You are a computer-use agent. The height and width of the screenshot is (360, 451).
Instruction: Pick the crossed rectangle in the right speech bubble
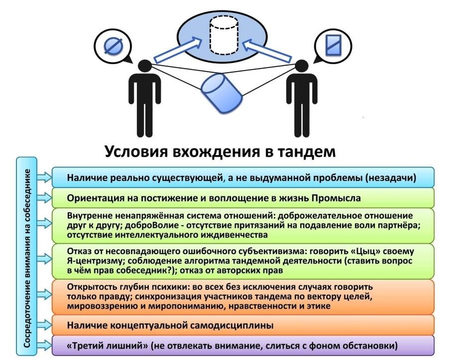click(333, 45)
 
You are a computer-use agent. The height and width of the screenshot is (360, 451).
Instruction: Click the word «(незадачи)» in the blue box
click(391, 178)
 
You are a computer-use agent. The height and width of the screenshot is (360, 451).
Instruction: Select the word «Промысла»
click(336, 198)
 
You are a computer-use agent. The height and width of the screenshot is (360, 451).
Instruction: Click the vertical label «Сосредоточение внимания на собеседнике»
click(27, 258)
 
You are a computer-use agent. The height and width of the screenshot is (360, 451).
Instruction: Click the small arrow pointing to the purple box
click(45, 346)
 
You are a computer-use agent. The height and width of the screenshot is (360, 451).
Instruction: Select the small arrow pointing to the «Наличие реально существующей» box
click(45, 178)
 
